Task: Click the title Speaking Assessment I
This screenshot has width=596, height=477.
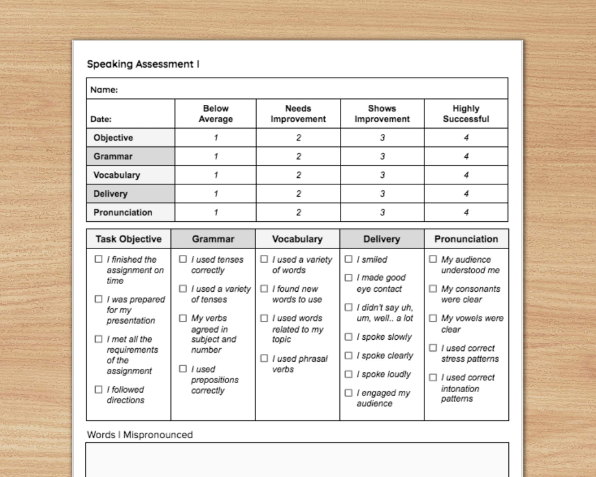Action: pos(143,64)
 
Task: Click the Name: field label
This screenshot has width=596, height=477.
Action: pos(104,90)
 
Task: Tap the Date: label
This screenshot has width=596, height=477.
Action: pos(101,119)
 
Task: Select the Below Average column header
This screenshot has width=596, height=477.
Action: pos(216,114)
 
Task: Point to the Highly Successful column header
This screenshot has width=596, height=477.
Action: pos(466,114)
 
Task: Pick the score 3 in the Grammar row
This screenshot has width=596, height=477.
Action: pos(382,156)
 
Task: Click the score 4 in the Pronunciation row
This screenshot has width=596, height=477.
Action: pos(466,212)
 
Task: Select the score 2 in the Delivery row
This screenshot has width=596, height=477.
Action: pos(298,194)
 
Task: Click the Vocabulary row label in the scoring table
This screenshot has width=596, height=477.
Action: pos(117,175)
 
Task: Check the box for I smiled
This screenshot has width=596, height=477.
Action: pos(349,259)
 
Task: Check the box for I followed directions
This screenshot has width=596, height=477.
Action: pos(98,389)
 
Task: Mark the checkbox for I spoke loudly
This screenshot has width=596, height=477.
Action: pos(349,374)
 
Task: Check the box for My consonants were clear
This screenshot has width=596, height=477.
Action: pos(433,289)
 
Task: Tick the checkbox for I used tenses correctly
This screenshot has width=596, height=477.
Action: pos(183,259)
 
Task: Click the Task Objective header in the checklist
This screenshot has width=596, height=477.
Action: pos(128,239)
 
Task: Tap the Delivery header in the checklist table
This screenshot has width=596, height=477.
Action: pos(381,239)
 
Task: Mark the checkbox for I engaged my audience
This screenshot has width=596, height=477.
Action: pos(349,393)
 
